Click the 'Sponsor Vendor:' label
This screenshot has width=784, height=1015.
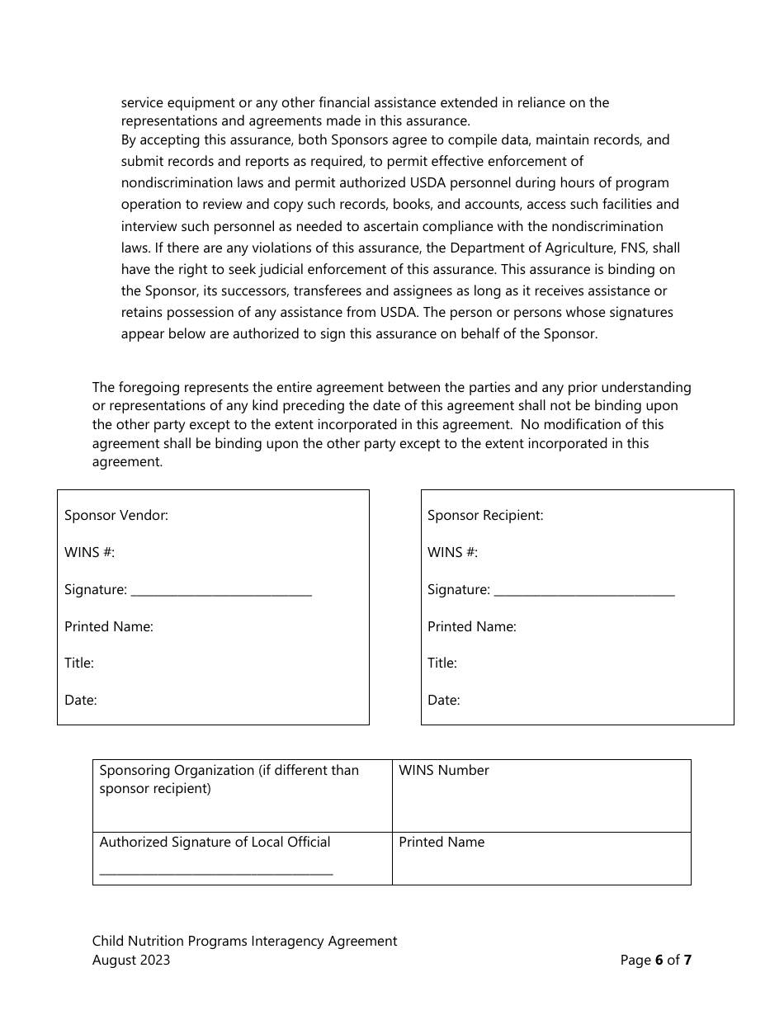pos(116,516)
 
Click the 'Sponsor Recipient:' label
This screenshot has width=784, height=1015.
pos(485,516)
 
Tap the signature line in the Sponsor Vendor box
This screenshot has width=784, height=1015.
pos(221,592)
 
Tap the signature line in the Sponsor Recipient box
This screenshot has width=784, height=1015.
pos(583,592)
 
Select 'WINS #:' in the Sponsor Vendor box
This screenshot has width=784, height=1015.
pos(89,553)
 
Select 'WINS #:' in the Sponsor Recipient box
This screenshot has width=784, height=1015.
pos(452,553)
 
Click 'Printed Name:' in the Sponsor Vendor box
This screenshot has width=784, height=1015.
pos(109,627)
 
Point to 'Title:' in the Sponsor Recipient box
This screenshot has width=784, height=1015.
pos(442,663)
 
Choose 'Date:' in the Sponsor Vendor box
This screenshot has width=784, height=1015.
pos(81,701)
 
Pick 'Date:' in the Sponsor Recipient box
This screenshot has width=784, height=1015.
pos(444,701)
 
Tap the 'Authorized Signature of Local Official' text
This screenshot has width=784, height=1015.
pos(215,843)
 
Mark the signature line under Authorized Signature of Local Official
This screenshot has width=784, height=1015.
pos(216,871)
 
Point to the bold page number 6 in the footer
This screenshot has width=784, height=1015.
pos(659,961)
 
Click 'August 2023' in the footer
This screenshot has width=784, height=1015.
pos(131,961)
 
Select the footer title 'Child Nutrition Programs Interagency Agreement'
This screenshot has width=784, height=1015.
pos(244,942)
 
